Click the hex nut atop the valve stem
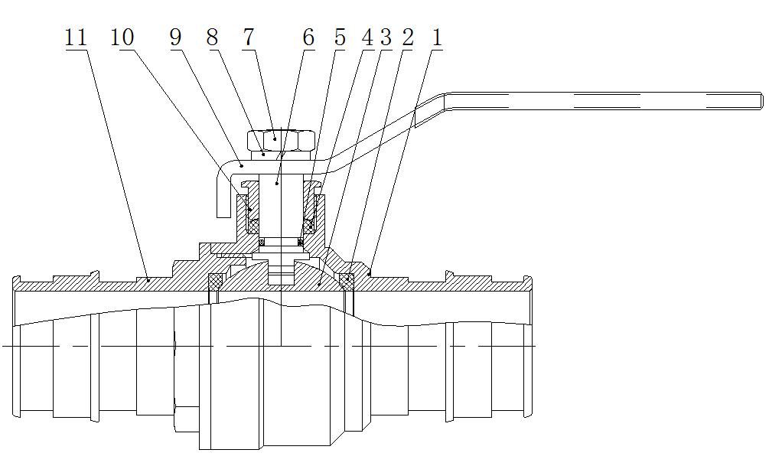pyautogui.click(x=281, y=140)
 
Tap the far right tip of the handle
pyautogui.click(x=760, y=101)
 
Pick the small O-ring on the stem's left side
pyautogui.click(x=261, y=243)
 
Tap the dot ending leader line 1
pyautogui.click(x=369, y=271)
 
